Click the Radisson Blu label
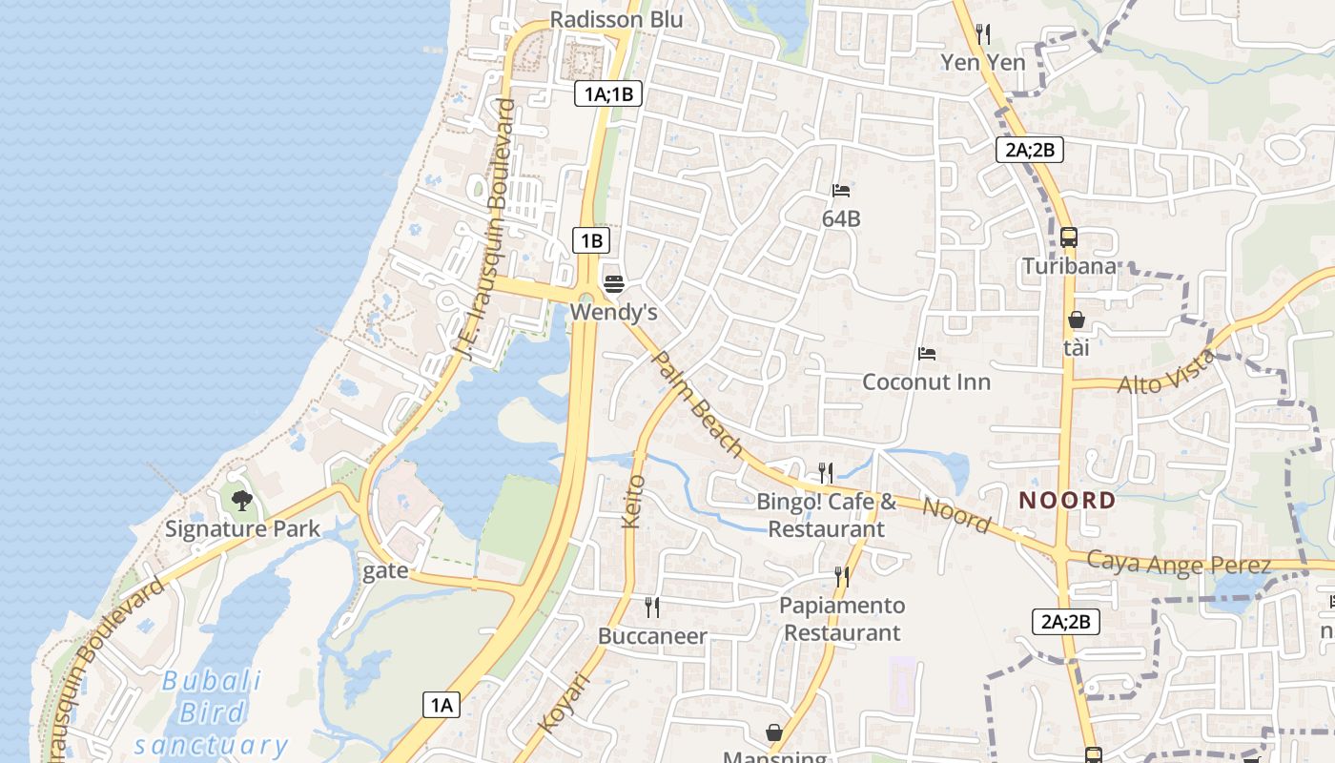616,19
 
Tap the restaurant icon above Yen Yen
983,35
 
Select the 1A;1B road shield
608,93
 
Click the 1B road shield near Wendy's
591,240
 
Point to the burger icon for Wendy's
614,283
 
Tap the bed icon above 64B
840,191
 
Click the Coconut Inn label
926,381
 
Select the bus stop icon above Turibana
1068,237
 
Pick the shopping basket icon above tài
1076,320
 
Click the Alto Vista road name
1167,373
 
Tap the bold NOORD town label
1067,500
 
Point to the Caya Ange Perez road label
1179,563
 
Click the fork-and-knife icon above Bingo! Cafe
826,472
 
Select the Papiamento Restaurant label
842,619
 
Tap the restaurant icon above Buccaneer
652,608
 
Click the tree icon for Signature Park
242,500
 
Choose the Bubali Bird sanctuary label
211,712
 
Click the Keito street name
633,501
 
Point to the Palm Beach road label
697,402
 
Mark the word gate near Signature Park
385,570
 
